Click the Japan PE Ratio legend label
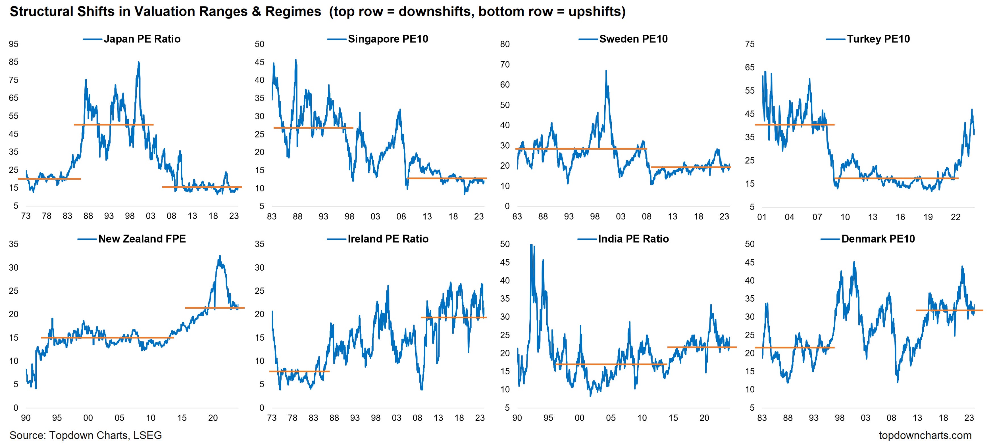pyautogui.click(x=142, y=39)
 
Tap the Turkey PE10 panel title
pyautogui.click(x=878, y=39)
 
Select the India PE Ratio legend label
pyautogui.click(x=633, y=239)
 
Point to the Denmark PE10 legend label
pyautogui.click(x=878, y=239)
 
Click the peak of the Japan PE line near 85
pyautogui.click(x=139, y=63)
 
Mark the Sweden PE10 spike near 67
pyautogui.click(x=606, y=71)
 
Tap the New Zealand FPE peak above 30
pyautogui.click(x=220, y=256)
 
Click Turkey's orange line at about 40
pyautogui.click(x=794, y=124)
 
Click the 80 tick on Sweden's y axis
pyautogui.click(x=505, y=44)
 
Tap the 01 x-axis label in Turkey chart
pyautogui.click(x=762, y=217)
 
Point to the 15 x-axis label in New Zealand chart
pyautogui.click(x=182, y=418)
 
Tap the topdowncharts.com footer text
pyautogui.click(x=925, y=435)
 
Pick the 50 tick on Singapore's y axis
pyautogui.click(x=259, y=44)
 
